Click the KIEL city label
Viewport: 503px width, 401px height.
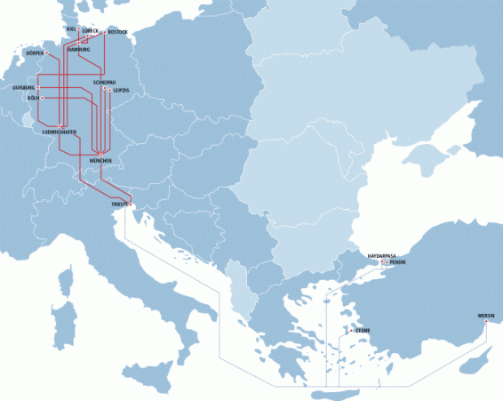click(71, 28)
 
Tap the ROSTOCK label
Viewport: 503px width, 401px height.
click(118, 32)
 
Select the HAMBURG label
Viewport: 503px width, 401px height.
click(78, 50)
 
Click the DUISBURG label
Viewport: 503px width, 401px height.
click(23, 88)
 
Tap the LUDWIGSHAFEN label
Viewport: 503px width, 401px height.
click(59, 132)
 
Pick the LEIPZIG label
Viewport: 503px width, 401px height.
click(121, 90)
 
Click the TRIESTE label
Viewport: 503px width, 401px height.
click(120, 205)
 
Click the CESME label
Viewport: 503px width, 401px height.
click(362, 331)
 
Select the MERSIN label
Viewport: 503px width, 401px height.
click(486, 316)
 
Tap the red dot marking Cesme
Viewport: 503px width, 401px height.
click(352, 331)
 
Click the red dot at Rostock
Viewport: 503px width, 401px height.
click(106, 33)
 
